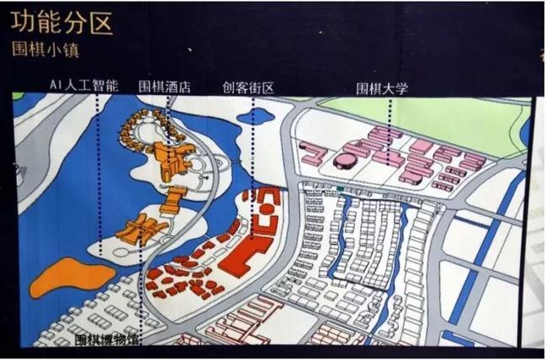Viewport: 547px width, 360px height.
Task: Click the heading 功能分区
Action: pos(61,23)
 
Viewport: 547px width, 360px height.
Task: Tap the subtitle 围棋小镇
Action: pos(45,50)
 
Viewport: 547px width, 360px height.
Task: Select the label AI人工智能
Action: pos(84,85)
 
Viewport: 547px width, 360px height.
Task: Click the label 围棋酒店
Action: pos(165,87)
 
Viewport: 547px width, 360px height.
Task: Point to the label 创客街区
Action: pos(248,88)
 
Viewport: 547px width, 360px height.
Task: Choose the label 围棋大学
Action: pos(382,88)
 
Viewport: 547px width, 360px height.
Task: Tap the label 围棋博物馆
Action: pos(106,340)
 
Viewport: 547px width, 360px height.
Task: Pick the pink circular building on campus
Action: pos(345,160)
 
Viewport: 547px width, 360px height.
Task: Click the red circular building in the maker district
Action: pos(267,209)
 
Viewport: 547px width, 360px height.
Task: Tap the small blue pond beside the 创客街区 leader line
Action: pos(258,116)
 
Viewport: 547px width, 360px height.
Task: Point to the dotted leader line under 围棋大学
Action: pos(390,132)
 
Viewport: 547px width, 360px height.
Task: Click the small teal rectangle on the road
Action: pos(340,189)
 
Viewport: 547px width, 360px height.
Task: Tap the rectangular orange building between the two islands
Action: pos(173,199)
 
